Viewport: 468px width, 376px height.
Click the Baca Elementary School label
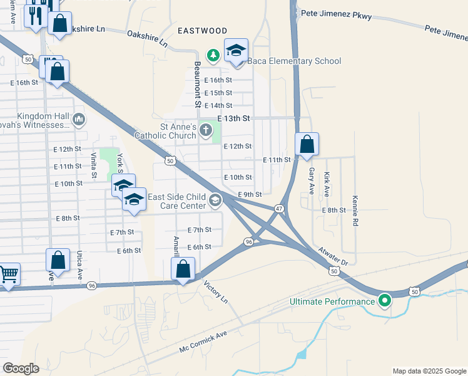[295, 61]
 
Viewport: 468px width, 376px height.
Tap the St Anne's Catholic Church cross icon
[206, 130]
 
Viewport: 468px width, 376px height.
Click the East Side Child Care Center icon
[215, 200]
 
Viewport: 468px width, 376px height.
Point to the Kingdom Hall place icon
[78, 118]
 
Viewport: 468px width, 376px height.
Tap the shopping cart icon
[8, 274]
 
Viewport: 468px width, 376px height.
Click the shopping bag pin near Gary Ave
[307, 145]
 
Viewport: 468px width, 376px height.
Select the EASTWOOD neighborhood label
[202, 30]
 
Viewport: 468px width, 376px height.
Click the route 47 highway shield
[279, 208]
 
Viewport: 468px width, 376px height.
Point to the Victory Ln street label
[216, 292]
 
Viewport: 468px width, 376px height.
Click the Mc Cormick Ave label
[203, 342]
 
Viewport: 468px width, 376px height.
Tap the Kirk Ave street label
[327, 185]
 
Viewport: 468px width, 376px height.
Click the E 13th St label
[233, 118]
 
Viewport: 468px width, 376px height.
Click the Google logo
[21, 368]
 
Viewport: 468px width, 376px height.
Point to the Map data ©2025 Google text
[429, 371]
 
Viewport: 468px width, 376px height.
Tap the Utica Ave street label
[79, 267]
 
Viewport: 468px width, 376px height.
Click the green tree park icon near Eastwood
[213, 55]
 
